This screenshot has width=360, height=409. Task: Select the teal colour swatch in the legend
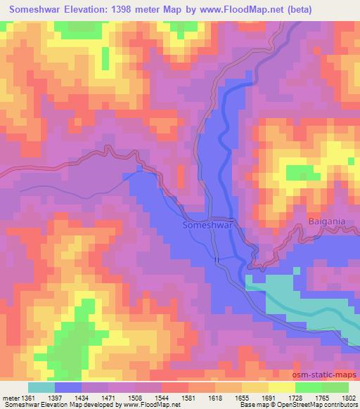coord(41,387)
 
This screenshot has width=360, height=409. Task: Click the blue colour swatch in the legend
coord(67,387)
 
